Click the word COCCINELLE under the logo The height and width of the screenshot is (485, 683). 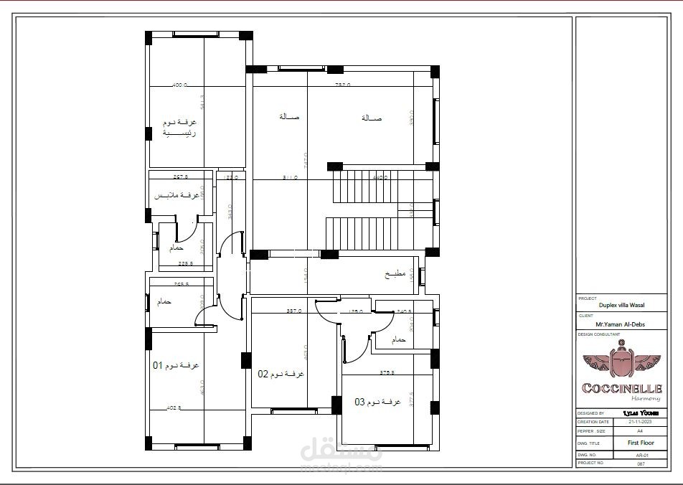tap(621, 388)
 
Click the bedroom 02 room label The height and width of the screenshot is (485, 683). tap(281, 374)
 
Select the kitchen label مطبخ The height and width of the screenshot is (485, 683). tap(395, 274)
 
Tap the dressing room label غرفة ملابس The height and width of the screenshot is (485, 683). tap(176, 195)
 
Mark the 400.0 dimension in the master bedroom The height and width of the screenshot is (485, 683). tap(179, 85)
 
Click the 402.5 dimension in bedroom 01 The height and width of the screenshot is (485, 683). tap(174, 408)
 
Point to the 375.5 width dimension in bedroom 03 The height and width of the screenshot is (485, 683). tap(388, 372)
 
